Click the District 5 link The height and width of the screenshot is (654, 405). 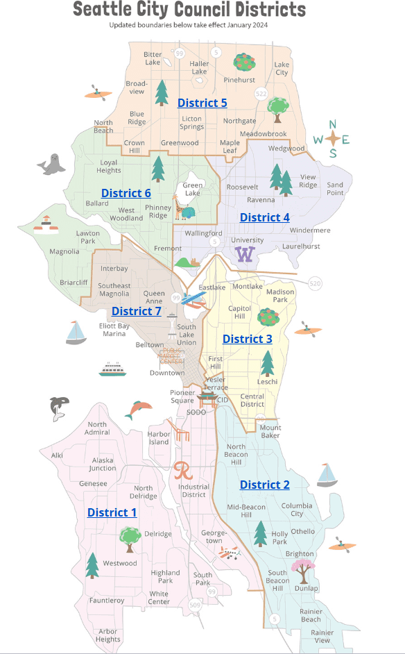[x=202, y=103]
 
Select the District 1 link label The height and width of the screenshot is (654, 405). [x=112, y=512]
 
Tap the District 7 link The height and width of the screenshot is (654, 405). [x=136, y=311]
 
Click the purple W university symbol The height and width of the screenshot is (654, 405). [x=244, y=255]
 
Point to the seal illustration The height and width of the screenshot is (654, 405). [x=51, y=165]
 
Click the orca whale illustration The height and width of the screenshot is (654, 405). [x=59, y=408]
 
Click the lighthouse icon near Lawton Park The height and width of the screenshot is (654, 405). [x=46, y=221]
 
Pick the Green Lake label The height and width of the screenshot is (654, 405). [x=192, y=190]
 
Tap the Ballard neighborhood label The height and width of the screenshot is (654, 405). [x=96, y=203]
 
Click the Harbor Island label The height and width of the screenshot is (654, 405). [x=158, y=438]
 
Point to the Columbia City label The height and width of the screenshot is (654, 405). [x=296, y=510]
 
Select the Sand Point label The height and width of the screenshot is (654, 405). [x=334, y=189]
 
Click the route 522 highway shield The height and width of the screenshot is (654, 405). [x=261, y=93]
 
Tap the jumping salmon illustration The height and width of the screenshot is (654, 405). [x=138, y=410]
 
